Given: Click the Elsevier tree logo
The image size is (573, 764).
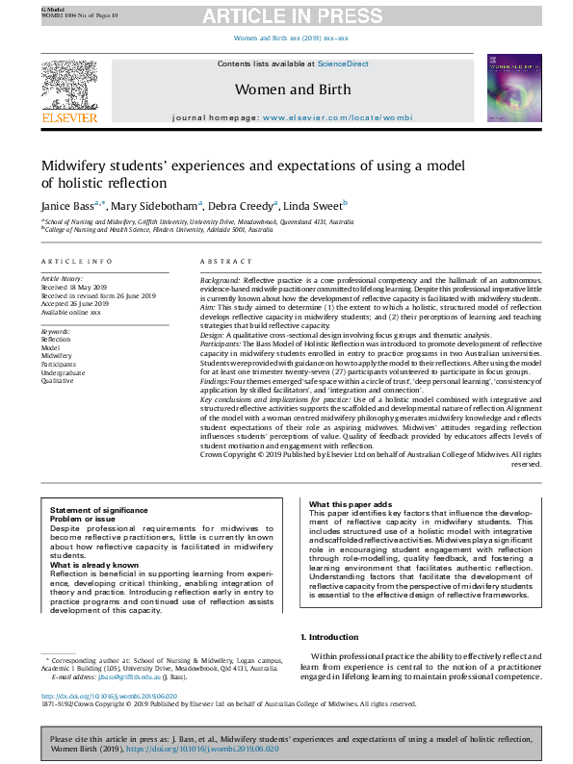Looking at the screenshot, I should [68, 85].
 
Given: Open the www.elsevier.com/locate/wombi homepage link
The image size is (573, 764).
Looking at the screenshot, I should [337, 117].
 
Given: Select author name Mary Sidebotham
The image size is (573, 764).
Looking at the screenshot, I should [155, 205].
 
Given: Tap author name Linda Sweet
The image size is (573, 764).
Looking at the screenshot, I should [314, 205].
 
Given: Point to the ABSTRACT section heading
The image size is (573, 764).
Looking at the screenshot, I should [220, 263].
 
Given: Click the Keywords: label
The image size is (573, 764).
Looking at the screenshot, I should [57, 330].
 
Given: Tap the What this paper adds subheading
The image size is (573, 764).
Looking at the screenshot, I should [351, 505].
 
